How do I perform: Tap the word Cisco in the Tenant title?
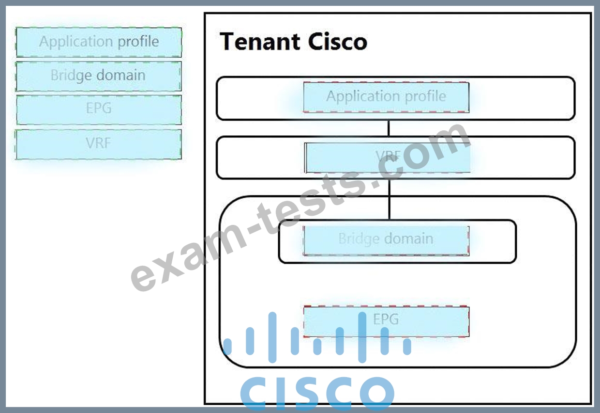tap(338, 41)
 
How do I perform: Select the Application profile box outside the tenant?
tap(99, 42)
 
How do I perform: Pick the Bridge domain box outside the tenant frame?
tap(99, 76)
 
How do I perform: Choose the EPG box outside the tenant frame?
tap(99, 110)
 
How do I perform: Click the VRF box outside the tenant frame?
tap(99, 144)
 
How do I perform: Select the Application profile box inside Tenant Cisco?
tap(386, 97)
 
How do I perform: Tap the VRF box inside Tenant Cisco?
tap(387, 158)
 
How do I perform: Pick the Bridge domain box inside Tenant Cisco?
tap(386, 241)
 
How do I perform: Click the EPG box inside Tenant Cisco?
tap(386, 321)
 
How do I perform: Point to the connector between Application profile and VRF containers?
tap(389, 128)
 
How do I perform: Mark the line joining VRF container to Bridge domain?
tap(389, 199)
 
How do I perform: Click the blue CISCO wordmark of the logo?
tap(317, 393)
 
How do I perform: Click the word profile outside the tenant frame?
tap(138, 42)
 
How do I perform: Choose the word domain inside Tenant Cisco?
tap(409, 238)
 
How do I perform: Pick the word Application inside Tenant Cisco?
tap(363, 96)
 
